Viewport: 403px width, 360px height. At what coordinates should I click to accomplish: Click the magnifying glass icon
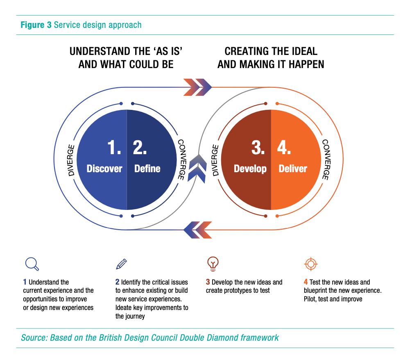pos(32,264)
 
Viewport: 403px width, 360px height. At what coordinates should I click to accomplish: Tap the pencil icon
pos(122,264)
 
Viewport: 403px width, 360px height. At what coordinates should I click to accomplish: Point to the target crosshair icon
pos(311,264)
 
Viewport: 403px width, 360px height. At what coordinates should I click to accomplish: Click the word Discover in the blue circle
pos(104,169)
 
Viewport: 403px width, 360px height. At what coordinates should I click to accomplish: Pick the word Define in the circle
pos(147,169)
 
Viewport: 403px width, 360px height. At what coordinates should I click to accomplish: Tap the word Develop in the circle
pos(250,169)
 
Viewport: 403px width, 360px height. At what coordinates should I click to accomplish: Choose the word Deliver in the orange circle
pos(293,169)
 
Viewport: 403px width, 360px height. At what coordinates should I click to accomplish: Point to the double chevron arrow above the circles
pos(197,87)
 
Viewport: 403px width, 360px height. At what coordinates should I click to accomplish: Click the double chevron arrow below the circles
pos(197,230)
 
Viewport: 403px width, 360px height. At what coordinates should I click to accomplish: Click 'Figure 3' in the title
pos(36,25)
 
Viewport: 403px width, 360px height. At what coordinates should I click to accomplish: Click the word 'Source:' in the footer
pos(34,338)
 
